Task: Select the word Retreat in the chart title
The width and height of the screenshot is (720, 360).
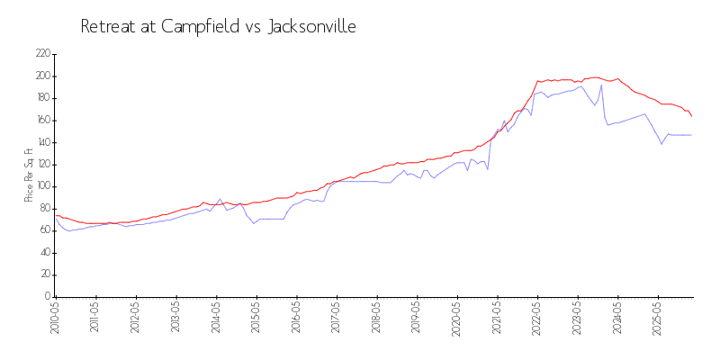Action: [x=112, y=27]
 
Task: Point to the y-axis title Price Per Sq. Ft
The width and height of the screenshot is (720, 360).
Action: [x=29, y=175]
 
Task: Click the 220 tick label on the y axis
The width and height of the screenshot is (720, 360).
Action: [x=41, y=54]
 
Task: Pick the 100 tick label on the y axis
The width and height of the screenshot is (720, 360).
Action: [x=41, y=186]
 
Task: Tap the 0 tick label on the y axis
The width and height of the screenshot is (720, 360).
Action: [x=47, y=297]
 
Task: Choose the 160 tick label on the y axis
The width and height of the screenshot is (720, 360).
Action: [x=41, y=121]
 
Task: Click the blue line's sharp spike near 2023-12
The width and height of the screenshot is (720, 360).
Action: [x=601, y=85]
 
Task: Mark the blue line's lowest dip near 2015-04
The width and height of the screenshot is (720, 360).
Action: [x=254, y=223]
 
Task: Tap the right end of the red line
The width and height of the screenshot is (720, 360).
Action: [x=691, y=116]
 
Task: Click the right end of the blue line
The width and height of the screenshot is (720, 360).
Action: [x=691, y=135]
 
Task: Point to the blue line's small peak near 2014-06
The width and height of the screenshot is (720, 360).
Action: [x=220, y=199]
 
